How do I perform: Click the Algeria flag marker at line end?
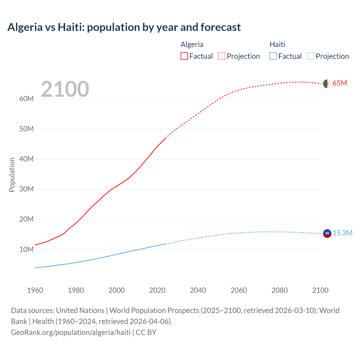coord(327,84)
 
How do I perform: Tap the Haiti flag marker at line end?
coord(327,233)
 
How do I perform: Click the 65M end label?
coord(339,83)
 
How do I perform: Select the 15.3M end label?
coord(343,233)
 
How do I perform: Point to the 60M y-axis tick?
coord(26,99)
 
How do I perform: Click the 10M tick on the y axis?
coord(26,249)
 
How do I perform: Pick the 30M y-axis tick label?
coord(26,189)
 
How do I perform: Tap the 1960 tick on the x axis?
coord(35,290)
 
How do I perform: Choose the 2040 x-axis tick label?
coord(198,290)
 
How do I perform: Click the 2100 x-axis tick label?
coord(320,290)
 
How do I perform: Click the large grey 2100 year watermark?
coord(65,89)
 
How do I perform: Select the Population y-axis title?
coord(12,175)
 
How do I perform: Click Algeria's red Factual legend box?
coord(184,56)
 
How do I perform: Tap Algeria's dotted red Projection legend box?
coord(222,56)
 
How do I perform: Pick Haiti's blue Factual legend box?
coord(273,56)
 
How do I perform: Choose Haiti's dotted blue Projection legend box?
coord(310,56)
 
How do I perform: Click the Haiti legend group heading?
coord(277,44)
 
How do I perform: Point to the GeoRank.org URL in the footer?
coord(71,332)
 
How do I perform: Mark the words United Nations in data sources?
coord(80,310)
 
